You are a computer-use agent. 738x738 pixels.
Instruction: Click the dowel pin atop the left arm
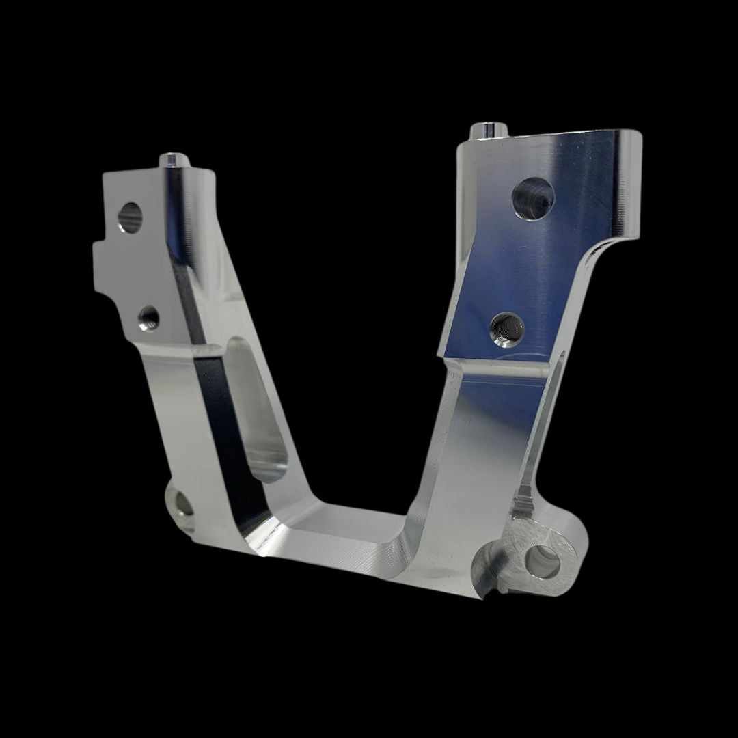pos(170,160)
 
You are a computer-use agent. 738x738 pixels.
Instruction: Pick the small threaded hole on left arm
pos(148,316)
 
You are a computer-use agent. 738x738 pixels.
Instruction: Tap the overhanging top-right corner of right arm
pos(625,143)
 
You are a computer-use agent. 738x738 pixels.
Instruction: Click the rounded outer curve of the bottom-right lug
pos(581,547)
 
